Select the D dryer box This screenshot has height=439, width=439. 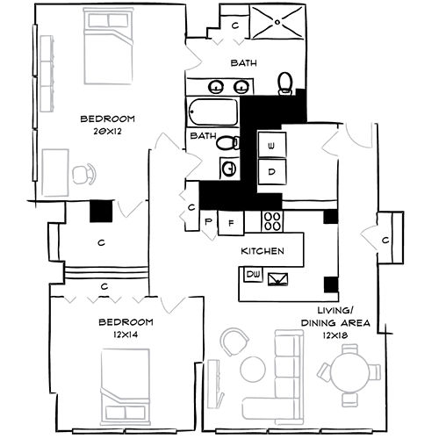point(272,171)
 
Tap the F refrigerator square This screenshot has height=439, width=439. point(231,222)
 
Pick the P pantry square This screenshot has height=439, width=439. point(210,222)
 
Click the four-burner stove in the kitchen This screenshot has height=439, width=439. point(270,221)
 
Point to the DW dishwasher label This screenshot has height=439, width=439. point(253,276)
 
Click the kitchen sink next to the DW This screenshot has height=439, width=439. point(282,278)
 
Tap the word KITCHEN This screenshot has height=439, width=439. point(263,251)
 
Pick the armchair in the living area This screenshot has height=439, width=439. point(234,342)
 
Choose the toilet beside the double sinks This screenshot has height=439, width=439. point(286,83)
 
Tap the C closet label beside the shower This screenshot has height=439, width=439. point(234,25)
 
